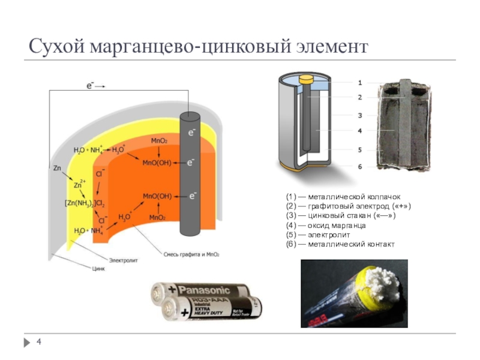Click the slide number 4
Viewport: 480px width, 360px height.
click(38, 342)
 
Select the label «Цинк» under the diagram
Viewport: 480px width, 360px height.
click(97, 268)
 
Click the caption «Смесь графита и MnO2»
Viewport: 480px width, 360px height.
click(191, 254)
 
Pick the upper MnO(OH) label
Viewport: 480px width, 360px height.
click(157, 162)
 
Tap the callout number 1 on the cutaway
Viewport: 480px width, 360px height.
click(359, 82)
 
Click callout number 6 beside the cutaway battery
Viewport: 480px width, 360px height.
click(359, 167)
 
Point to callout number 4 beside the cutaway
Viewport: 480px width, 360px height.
click(359, 130)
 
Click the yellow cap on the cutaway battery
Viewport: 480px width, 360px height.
click(307, 79)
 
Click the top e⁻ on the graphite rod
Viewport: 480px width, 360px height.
click(191, 132)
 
